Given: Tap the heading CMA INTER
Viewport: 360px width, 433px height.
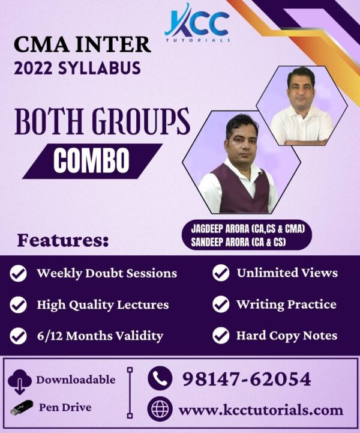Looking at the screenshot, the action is (82, 44).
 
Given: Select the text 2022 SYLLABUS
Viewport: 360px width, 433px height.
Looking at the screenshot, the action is (77, 68).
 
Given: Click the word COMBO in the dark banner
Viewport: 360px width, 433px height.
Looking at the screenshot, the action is (91, 160).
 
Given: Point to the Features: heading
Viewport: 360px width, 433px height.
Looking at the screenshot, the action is (63, 241).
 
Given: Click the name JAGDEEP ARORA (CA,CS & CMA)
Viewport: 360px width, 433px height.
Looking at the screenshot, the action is (248, 229).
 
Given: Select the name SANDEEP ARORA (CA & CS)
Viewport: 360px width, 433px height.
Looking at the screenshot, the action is (238, 242).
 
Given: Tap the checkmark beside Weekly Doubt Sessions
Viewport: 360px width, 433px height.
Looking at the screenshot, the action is (18, 273).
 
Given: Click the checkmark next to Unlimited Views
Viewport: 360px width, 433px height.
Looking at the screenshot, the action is (221, 273).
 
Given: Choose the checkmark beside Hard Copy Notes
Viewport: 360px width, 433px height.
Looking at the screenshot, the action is (221, 335).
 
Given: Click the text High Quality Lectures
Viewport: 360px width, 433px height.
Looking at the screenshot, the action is (103, 305).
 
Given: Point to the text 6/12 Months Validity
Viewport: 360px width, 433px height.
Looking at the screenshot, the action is (100, 336).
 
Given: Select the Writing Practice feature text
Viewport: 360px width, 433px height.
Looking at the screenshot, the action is (286, 304).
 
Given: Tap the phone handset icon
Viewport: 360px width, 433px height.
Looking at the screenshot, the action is (160, 378).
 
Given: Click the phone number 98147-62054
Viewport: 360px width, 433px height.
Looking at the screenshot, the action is (247, 379).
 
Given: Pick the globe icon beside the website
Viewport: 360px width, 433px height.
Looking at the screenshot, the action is (160, 408).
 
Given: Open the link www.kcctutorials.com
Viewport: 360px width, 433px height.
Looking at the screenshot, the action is (261, 410).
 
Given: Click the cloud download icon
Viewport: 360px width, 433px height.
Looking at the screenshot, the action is (20, 381).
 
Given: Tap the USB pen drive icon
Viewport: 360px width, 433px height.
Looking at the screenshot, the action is (22, 408).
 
